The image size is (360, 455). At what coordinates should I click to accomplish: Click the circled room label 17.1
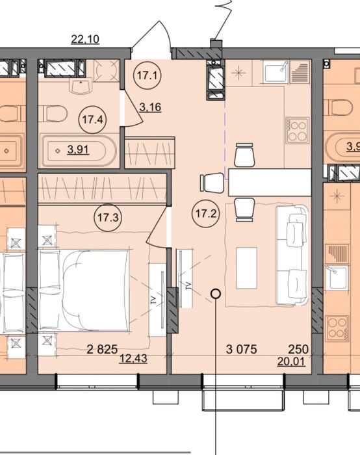click(147, 76)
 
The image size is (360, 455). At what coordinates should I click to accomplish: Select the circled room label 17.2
click(206, 214)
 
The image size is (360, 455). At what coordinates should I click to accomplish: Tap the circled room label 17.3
click(108, 217)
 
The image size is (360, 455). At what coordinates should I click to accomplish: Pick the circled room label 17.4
click(92, 119)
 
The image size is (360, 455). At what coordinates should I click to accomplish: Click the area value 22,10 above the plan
click(85, 39)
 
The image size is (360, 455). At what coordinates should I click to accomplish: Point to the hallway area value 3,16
click(150, 107)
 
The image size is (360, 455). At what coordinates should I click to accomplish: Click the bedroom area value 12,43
click(133, 359)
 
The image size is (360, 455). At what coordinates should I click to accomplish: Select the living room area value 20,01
click(291, 361)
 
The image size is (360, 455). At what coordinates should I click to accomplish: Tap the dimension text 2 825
click(102, 349)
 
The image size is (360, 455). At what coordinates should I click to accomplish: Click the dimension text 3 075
click(241, 349)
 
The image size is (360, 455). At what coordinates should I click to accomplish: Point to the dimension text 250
click(298, 349)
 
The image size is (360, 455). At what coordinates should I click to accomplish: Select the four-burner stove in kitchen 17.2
click(297, 130)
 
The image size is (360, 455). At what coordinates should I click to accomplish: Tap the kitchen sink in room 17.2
click(276, 71)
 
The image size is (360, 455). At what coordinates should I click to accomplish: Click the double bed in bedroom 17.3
click(84, 291)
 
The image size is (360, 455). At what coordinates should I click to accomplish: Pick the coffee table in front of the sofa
click(246, 268)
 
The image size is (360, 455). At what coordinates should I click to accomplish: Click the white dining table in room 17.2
click(270, 183)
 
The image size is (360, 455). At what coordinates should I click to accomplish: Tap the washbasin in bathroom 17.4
click(81, 86)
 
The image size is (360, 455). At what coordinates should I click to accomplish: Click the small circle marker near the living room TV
click(216, 294)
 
